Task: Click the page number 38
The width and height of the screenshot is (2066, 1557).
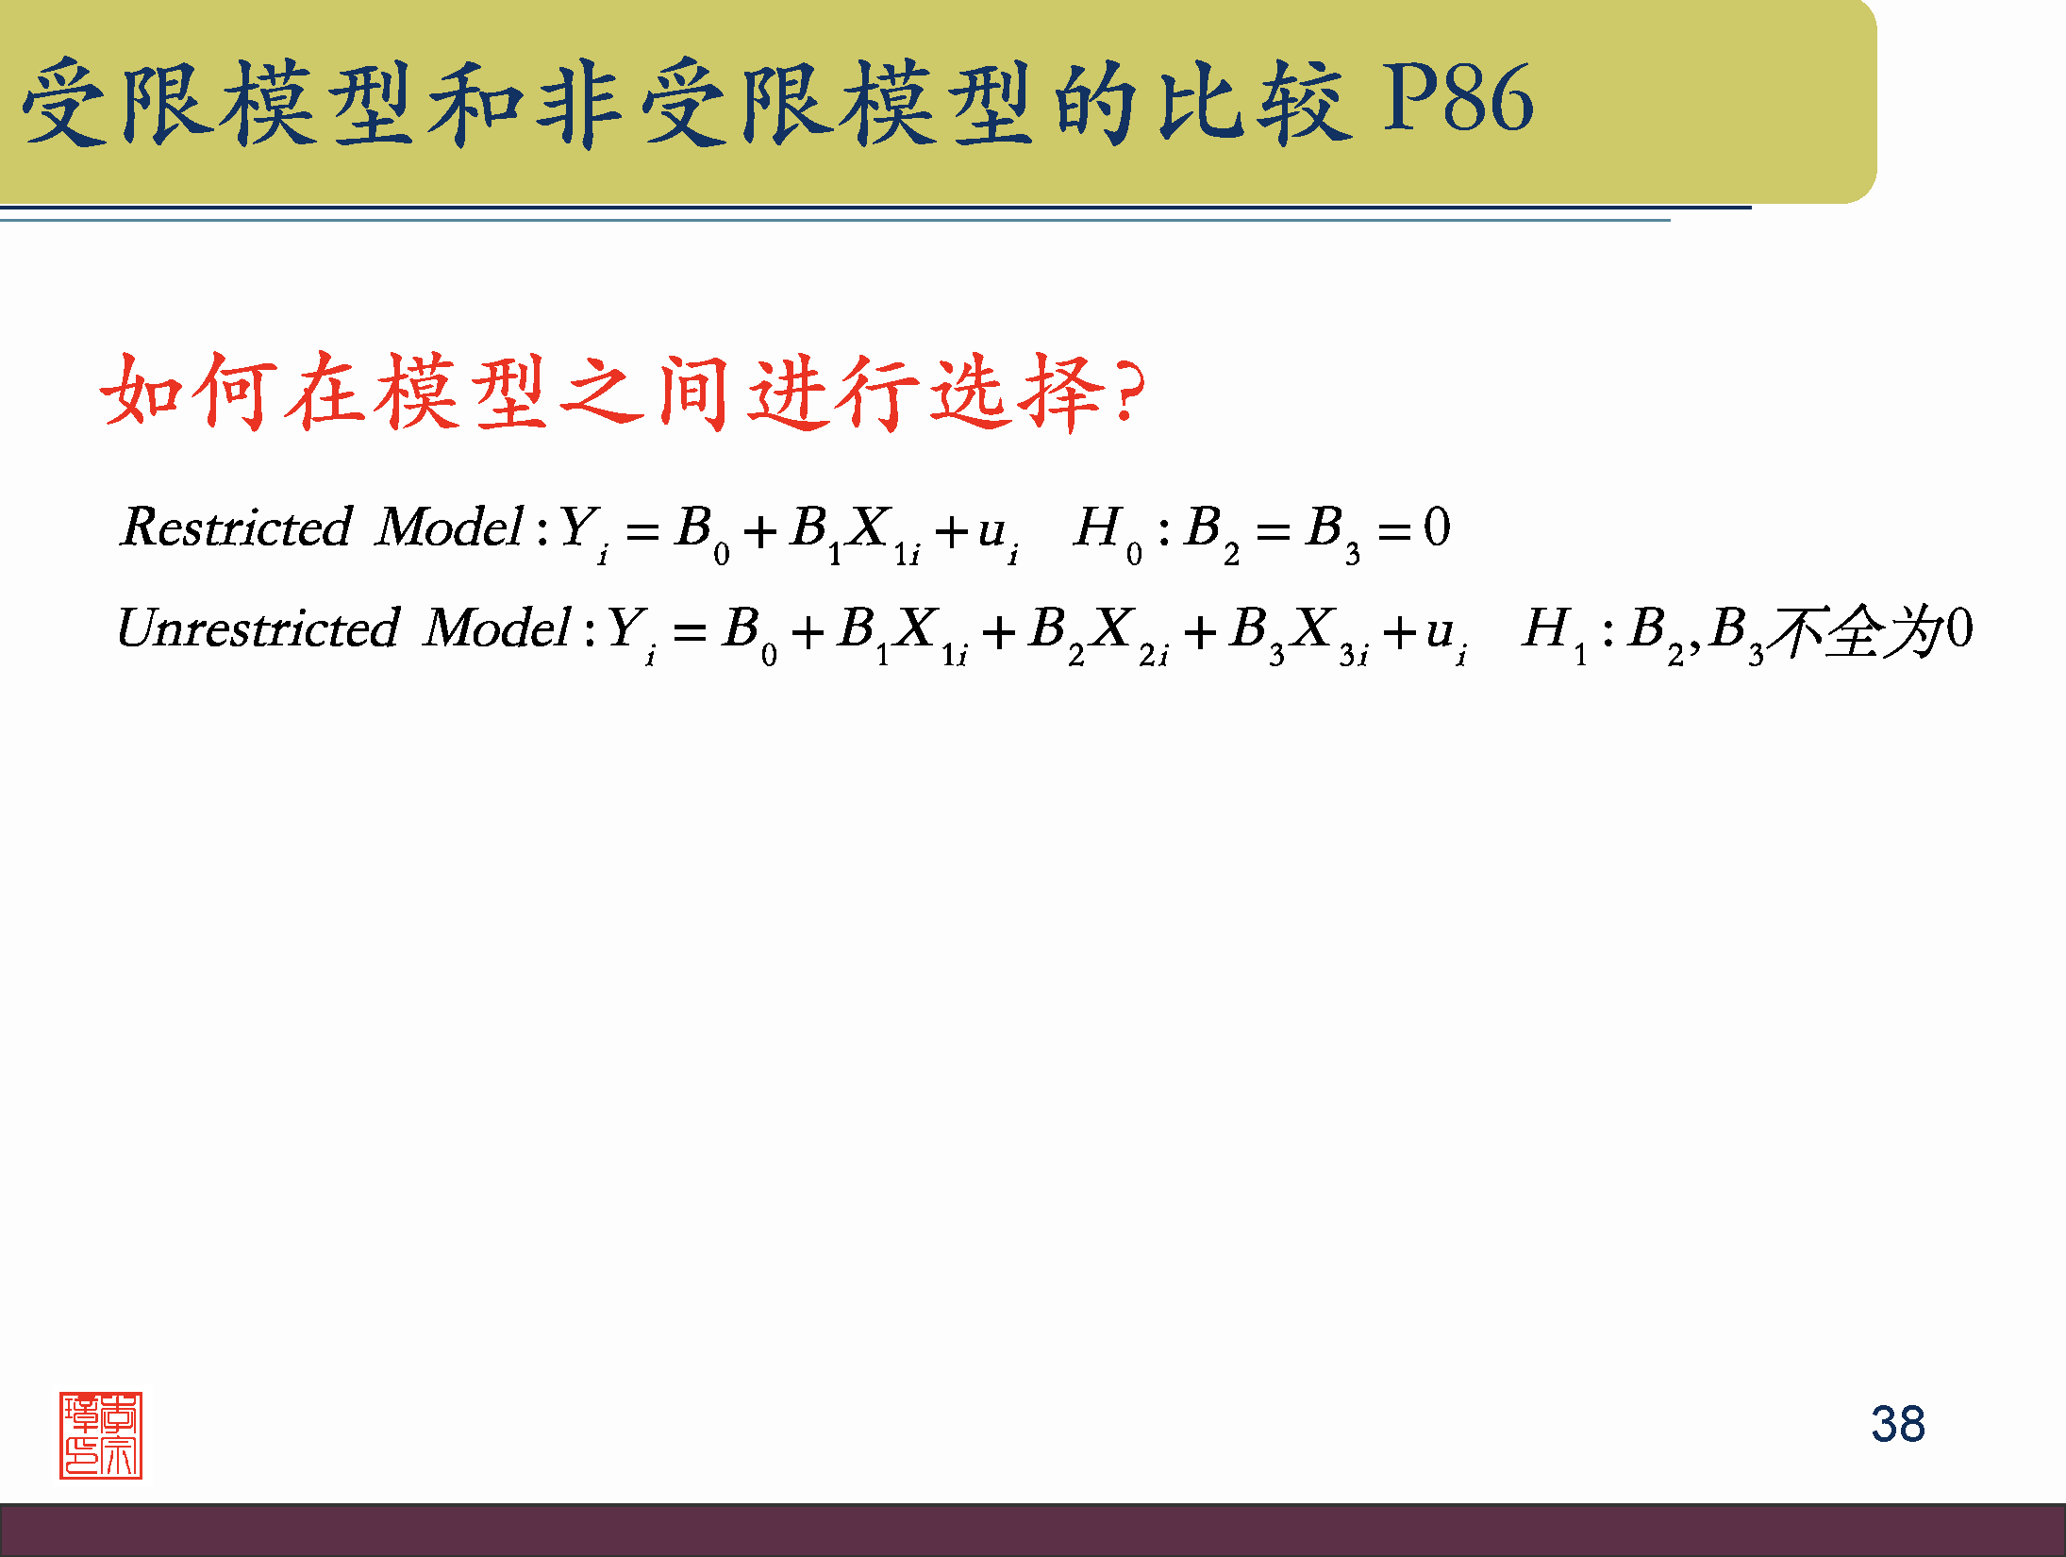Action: [1897, 1424]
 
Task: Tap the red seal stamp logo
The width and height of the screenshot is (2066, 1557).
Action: [101, 1434]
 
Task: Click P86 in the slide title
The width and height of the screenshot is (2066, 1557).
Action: [1458, 100]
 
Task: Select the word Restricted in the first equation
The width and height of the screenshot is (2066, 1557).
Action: [236, 527]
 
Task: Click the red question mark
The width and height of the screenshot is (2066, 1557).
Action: [1127, 393]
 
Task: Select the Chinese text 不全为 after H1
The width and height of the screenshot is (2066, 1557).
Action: [1855, 630]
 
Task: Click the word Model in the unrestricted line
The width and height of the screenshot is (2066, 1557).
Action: [497, 628]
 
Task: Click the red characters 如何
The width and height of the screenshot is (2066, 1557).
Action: [189, 391]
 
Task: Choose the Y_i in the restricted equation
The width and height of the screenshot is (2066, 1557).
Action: [583, 531]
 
